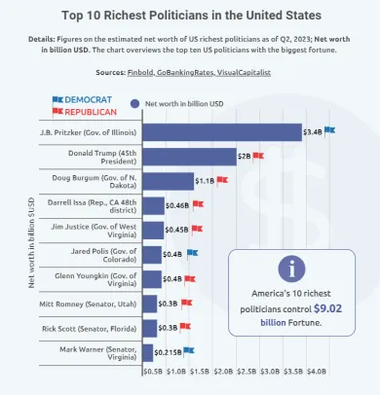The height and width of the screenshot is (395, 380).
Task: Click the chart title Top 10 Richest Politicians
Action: point(190,16)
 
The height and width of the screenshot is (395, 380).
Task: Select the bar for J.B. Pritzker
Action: point(222,131)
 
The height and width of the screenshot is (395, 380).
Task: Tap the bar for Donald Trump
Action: point(189,156)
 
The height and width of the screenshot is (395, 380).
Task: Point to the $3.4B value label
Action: point(313,131)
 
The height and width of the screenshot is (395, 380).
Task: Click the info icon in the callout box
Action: point(291,269)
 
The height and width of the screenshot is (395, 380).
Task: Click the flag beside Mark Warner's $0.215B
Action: point(188,350)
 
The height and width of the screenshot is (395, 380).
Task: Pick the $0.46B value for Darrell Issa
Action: point(176,205)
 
